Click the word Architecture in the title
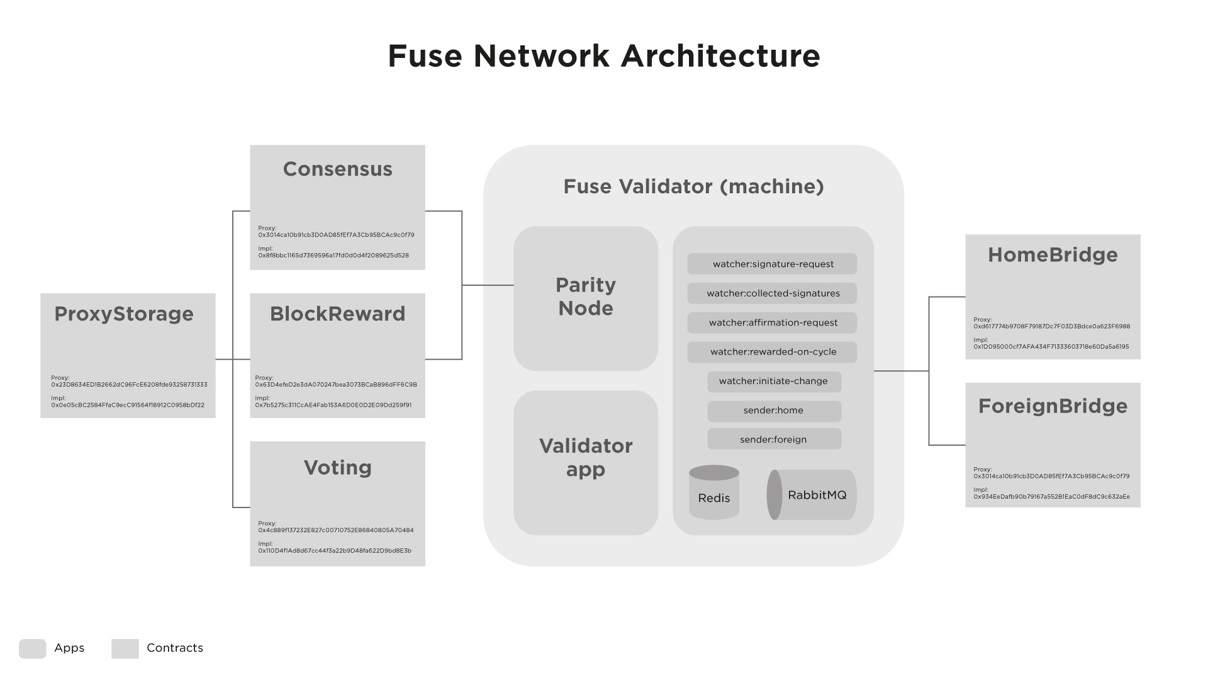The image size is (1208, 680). click(720, 56)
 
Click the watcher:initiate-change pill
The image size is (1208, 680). click(774, 382)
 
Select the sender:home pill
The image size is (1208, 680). click(774, 411)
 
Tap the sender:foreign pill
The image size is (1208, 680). click(774, 439)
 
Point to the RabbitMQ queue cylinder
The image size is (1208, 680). click(812, 495)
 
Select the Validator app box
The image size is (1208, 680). click(586, 462)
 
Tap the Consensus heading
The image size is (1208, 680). click(337, 169)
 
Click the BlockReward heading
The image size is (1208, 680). click(337, 314)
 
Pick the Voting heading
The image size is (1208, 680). click(337, 468)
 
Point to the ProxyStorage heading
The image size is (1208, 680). click(124, 314)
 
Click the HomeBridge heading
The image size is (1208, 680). click(1053, 255)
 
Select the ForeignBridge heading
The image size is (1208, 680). click(1053, 406)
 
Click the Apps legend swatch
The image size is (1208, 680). click(33, 649)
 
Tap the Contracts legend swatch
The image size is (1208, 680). click(125, 649)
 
